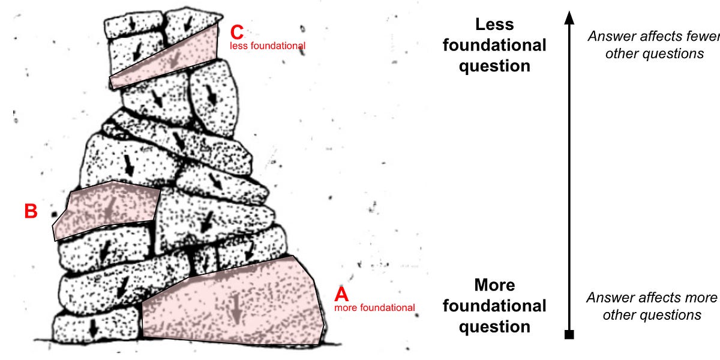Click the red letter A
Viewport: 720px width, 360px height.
341,295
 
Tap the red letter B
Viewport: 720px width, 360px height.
31,211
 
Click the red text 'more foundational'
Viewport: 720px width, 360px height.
374,308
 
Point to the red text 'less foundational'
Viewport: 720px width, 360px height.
268,46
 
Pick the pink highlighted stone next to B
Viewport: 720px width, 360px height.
108,207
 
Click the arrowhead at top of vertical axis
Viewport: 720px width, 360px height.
569,18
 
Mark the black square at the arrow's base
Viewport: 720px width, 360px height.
569,334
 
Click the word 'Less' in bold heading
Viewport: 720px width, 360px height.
494,25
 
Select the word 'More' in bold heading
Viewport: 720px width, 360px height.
494,284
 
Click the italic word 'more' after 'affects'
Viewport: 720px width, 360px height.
703,298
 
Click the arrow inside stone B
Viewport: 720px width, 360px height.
108,209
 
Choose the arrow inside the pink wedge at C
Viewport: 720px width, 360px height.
175,57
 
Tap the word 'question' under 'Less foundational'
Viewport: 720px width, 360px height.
494,65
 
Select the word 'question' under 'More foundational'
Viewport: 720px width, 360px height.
494,326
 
